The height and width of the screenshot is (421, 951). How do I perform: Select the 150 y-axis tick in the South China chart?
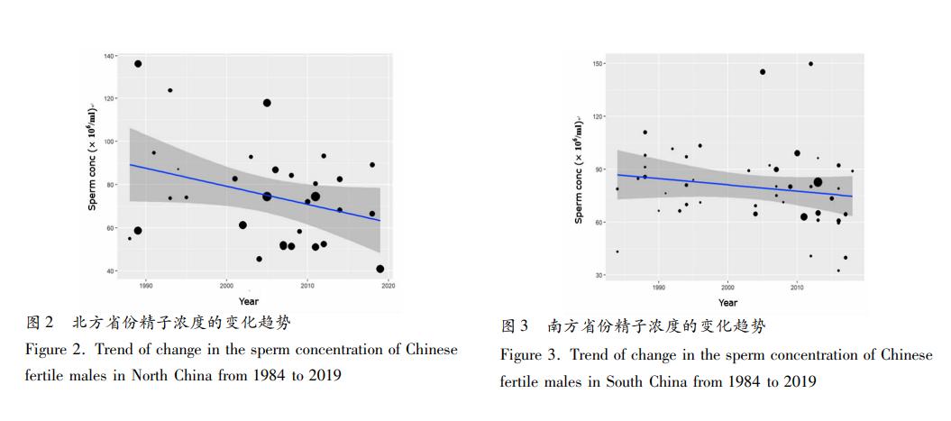[598, 64]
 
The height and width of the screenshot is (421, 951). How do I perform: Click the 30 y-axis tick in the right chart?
[599, 275]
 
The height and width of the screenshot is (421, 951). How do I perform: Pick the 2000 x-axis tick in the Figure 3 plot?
[727, 288]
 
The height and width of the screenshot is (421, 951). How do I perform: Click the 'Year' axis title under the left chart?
[249, 301]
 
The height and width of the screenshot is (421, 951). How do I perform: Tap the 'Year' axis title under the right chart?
[727, 303]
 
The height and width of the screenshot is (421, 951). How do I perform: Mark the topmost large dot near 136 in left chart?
[138, 64]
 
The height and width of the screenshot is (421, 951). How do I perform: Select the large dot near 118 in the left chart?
[267, 103]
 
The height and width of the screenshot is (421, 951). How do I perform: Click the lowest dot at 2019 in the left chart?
[380, 269]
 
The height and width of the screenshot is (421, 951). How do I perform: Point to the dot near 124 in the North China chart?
[169, 90]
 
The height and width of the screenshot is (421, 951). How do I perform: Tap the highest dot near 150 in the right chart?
[810, 64]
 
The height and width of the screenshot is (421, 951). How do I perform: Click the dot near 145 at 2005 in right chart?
[763, 72]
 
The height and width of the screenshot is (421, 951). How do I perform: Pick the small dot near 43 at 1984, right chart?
[617, 252]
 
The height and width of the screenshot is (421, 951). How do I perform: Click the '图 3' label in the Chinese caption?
[515, 326]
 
